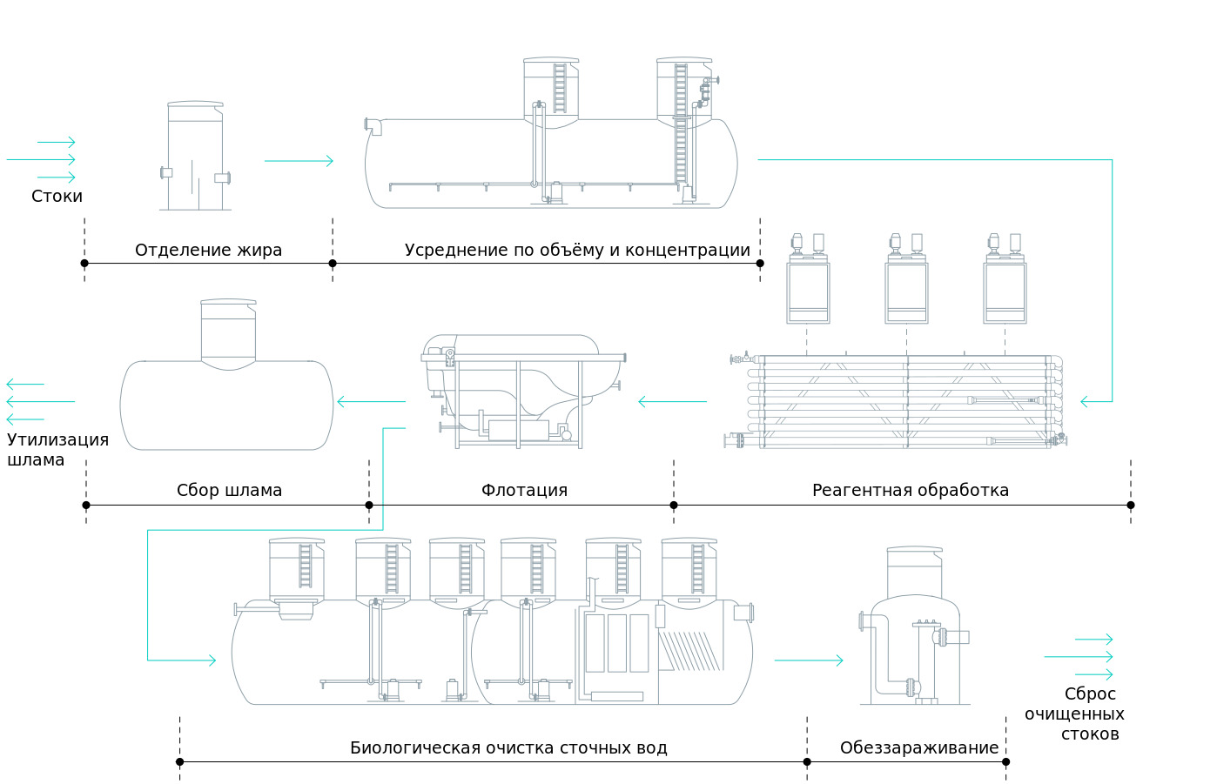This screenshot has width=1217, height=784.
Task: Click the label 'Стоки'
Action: pyautogui.click(x=57, y=197)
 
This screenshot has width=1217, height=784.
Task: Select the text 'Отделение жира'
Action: pyautogui.click(x=208, y=251)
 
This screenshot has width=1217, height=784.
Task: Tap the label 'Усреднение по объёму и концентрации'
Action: pyautogui.click(x=577, y=251)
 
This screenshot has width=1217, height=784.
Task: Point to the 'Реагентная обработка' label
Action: pyautogui.click(x=910, y=491)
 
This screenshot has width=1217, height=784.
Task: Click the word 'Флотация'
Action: pyautogui.click(x=524, y=491)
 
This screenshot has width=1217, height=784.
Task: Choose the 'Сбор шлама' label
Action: pyautogui.click(x=229, y=491)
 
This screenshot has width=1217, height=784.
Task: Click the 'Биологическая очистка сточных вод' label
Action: pyautogui.click(x=508, y=748)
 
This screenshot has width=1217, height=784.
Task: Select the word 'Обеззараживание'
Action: pyautogui.click(x=918, y=748)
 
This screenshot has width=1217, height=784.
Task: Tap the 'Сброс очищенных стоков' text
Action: pyautogui.click(x=1076, y=714)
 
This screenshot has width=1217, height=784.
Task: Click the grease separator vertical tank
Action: pyautogui.click(x=195, y=157)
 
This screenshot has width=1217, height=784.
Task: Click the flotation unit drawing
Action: pyautogui.click(x=522, y=392)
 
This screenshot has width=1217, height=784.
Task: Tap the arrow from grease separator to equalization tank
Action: pyautogui.click(x=299, y=161)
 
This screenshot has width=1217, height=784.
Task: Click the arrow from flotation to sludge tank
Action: pyautogui.click(x=372, y=402)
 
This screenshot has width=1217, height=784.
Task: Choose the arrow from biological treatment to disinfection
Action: pyautogui.click(x=809, y=660)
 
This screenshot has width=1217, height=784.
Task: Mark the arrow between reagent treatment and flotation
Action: pyautogui.click(x=672, y=402)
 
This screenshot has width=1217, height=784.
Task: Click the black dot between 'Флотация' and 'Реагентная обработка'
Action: pyautogui.click(x=674, y=506)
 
